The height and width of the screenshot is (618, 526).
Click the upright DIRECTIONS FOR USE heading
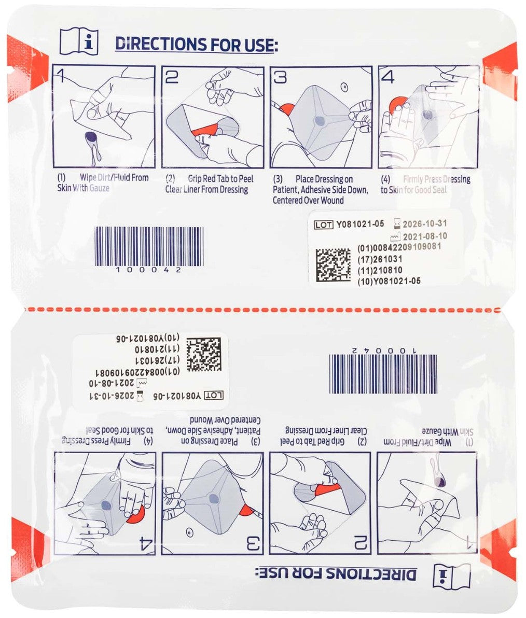pyautogui.click(x=196, y=44)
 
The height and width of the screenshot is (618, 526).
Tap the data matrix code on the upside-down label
pyautogui.click(x=204, y=355)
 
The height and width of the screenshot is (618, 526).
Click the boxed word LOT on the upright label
pyautogui.click(x=324, y=225)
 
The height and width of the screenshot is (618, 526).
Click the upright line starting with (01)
pyautogui.click(x=399, y=247)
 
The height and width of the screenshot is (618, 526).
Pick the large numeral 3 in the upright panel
pyautogui.click(x=280, y=77)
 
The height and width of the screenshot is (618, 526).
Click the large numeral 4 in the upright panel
pyautogui.click(x=388, y=77)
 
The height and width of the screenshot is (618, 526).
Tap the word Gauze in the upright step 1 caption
pyautogui.click(x=98, y=189)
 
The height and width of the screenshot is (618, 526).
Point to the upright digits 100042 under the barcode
pyautogui.click(x=148, y=270)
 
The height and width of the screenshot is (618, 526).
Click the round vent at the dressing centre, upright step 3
pyautogui.click(x=320, y=121)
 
